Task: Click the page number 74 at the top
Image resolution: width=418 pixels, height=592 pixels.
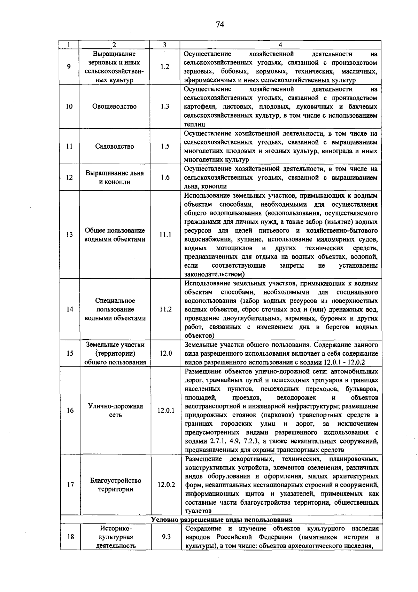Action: coord(220,24)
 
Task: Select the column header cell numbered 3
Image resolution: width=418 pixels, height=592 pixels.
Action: coord(164,45)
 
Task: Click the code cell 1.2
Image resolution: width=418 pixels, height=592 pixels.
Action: coord(165,67)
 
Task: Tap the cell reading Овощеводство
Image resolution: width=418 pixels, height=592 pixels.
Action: coord(114,106)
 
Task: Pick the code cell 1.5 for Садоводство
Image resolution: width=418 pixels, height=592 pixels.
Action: coord(165,147)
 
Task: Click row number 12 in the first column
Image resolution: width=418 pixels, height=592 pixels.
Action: coord(69,177)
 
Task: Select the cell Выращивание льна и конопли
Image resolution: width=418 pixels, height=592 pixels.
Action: coord(115,177)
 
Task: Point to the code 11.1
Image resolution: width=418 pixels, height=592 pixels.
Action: coord(165,235)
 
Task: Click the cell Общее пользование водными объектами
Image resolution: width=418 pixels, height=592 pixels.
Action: coord(115,235)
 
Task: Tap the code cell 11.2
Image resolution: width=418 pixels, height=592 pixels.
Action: coord(166,309)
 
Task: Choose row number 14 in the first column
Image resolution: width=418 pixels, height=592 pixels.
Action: coord(70,309)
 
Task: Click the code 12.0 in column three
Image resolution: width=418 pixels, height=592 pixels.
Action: coord(166,353)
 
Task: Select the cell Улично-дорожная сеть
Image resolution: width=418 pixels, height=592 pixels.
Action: coord(115,410)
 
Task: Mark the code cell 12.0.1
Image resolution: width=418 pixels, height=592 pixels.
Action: coord(166,411)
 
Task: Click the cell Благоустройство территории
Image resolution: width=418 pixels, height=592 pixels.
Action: coord(116,485)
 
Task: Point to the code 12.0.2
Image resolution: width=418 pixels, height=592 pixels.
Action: coord(166,485)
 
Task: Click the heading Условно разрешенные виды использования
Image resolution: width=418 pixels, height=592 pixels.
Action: coord(222,520)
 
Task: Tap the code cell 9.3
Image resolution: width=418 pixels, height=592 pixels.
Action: coord(166,537)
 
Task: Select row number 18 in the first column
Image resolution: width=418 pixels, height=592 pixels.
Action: coord(70,537)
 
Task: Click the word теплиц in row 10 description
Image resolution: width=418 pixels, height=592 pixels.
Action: coord(194,124)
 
